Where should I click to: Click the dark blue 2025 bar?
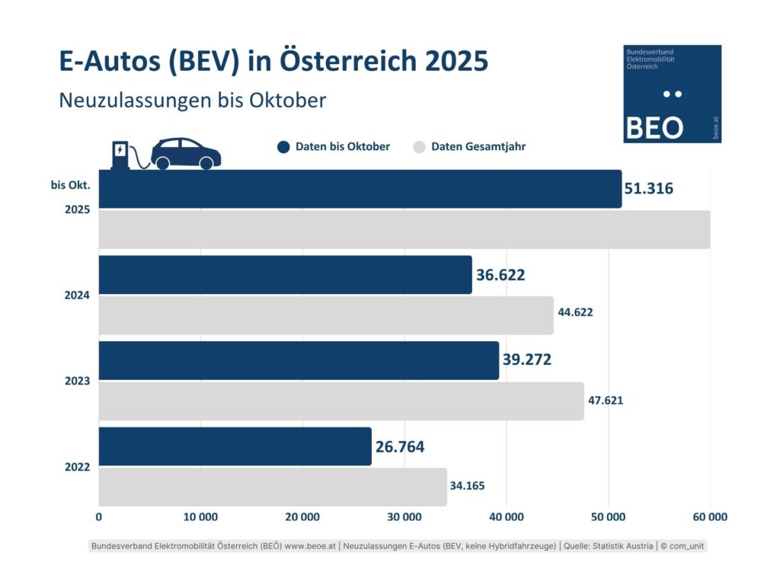pyautogui.click(x=360, y=189)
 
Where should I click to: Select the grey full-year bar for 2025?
pyautogui.click(x=404, y=229)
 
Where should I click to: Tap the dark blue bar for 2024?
pyautogui.click(x=285, y=275)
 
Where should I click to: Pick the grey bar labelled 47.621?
pyautogui.click(x=341, y=401)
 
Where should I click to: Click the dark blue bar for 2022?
pyautogui.click(x=235, y=446)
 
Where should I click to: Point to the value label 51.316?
pyautogui.click(x=648, y=188)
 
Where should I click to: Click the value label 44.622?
pyautogui.click(x=575, y=312)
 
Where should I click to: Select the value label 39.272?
pyautogui.click(x=526, y=360)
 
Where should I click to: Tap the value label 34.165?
pyautogui.click(x=467, y=484)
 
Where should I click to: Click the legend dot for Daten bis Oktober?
pyautogui.click(x=284, y=147)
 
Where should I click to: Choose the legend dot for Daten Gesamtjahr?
pyautogui.click(x=418, y=147)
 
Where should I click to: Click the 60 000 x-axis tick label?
pyautogui.click(x=709, y=517)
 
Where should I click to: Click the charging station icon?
pyautogui.click(x=120, y=154)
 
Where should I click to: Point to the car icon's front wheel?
pyautogui.click(x=205, y=163)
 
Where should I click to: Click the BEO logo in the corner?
pyautogui.click(x=672, y=94)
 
